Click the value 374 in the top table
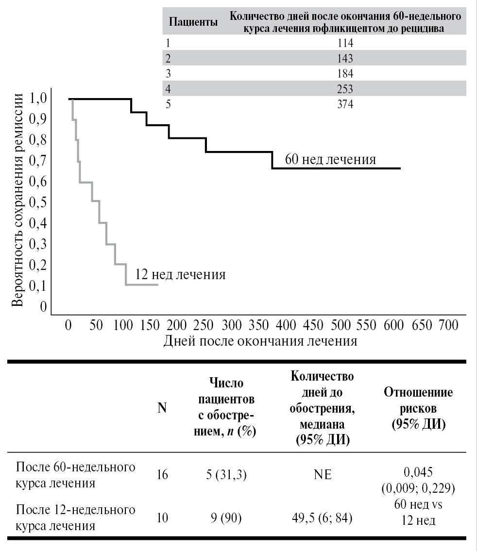pyautogui.click(x=346, y=104)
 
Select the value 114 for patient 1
pyautogui.click(x=346, y=43)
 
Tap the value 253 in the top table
pyautogui.click(x=346, y=89)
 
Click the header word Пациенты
pyautogui.click(x=193, y=22)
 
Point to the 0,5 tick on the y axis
pyautogui.click(x=39, y=202)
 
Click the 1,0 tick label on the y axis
pyautogui.click(x=39, y=99)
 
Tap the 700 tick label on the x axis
pyautogui.click(x=447, y=325)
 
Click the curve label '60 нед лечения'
pyautogui.click(x=330, y=159)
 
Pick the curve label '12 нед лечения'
pyautogui.click(x=180, y=274)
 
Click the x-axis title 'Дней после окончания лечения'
pyautogui.click(x=260, y=341)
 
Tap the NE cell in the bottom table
pyautogui.click(x=322, y=475)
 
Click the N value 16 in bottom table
pyautogui.click(x=162, y=475)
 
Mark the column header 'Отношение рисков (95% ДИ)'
pyautogui.click(x=418, y=408)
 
